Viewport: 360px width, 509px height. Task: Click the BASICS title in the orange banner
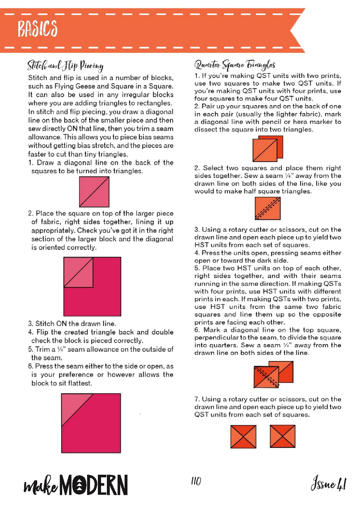click(38, 29)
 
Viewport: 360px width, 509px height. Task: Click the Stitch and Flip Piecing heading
click(65, 65)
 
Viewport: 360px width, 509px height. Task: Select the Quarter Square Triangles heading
click(235, 65)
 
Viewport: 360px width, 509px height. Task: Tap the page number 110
click(196, 481)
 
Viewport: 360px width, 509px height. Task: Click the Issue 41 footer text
click(328, 483)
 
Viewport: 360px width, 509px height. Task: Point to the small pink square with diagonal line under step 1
click(94, 192)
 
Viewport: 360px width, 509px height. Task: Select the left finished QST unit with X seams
click(243, 436)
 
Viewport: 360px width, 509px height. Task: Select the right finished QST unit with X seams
click(282, 436)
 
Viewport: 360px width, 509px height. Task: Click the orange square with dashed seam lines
click(268, 209)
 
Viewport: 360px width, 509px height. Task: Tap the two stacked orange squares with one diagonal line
click(268, 149)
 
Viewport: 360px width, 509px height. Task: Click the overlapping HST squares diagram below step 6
click(273, 375)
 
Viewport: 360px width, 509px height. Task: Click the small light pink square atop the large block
click(78, 272)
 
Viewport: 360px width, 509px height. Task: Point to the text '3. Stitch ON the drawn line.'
click(72, 323)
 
